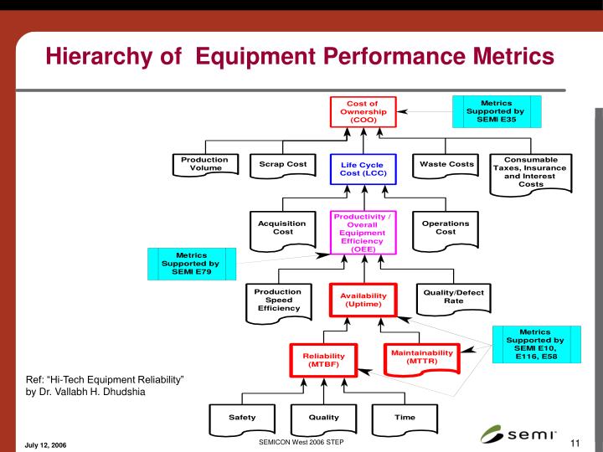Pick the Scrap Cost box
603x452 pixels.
[x=283, y=165]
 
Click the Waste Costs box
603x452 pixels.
[x=446, y=165]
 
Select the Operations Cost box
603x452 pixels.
[x=446, y=229]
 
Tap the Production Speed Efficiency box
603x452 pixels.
[x=278, y=300]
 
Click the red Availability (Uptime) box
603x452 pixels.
[x=363, y=300]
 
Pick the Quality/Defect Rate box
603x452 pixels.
[x=454, y=296]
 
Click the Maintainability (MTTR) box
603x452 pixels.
[x=421, y=357]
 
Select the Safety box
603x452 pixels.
[x=242, y=418]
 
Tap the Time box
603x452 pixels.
[x=405, y=418]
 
